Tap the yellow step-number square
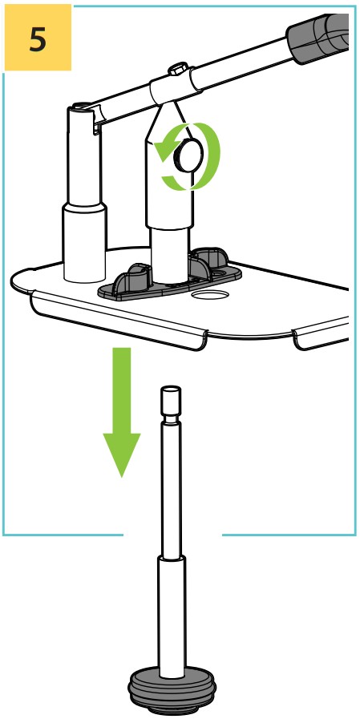[x=38, y=38]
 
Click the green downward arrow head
[x=122, y=454]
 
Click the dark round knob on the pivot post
[x=188, y=155]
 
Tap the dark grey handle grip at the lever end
[x=318, y=37]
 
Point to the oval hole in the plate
[x=210, y=294]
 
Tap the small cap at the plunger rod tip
[x=171, y=400]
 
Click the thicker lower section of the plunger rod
[x=172, y=617]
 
